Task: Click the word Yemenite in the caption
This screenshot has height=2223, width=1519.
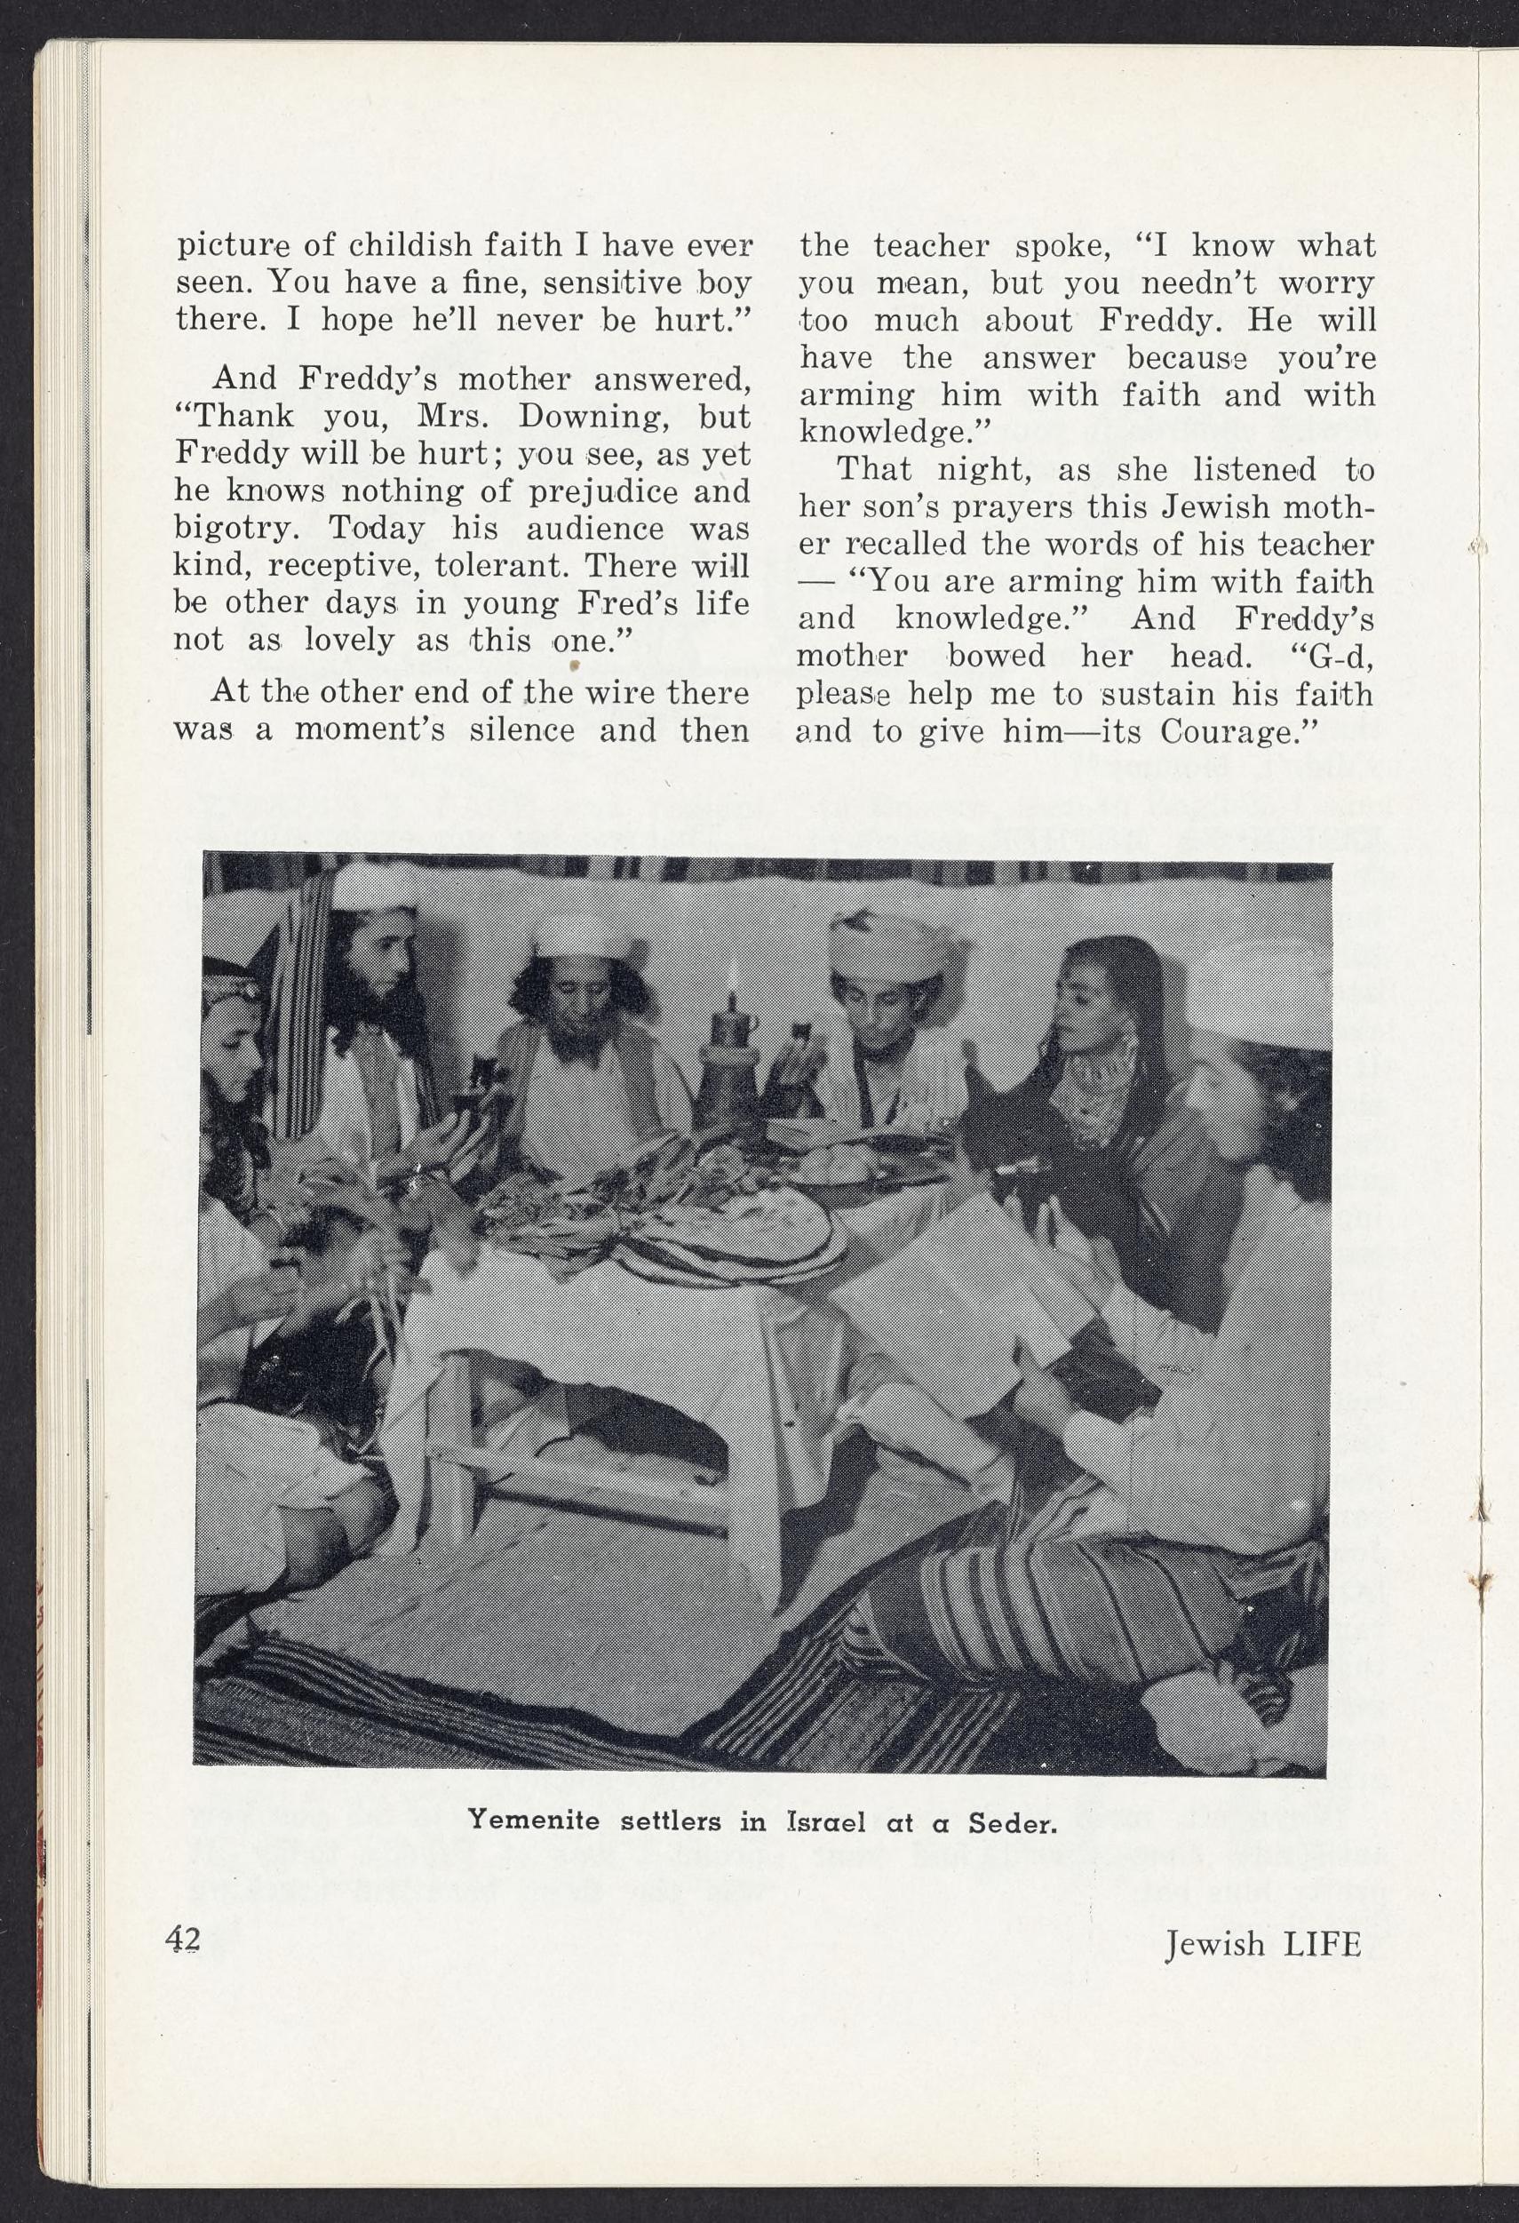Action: [533, 1821]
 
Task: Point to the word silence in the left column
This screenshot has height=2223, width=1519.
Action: [514, 732]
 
